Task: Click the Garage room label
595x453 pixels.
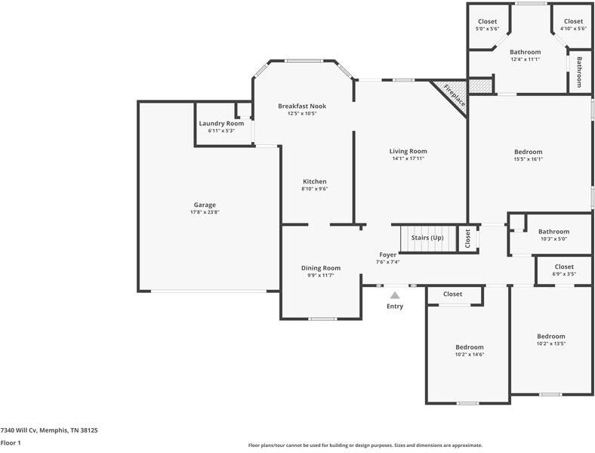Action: click(x=205, y=205)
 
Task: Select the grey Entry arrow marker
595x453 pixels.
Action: click(x=395, y=295)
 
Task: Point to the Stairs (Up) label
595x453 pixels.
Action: click(x=427, y=238)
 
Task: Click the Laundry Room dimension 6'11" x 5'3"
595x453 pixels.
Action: click(x=221, y=131)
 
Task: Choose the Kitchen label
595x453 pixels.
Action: click(x=315, y=181)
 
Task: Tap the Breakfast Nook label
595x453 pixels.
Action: click(x=302, y=106)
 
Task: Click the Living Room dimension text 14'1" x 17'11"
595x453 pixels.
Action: click(x=408, y=159)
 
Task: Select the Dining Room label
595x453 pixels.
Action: click(x=321, y=268)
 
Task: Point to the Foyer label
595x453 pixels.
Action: click(x=388, y=255)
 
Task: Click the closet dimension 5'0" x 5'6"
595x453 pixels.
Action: click(x=487, y=29)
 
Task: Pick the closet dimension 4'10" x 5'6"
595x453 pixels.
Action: click(x=573, y=29)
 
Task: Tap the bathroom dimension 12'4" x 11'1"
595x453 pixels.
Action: click(x=526, y=59)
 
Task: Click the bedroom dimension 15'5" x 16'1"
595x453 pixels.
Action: click(x=529, y=159)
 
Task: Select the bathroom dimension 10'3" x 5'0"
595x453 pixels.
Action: click(x=553, y=239)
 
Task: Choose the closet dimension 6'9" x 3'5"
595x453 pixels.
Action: click(x=564, y=274)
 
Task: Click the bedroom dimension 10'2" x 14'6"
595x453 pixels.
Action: click(x=470, y=355)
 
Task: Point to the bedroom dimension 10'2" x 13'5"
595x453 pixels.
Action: click(x=551, y=344)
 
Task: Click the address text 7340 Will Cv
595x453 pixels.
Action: click(x=19, y=430)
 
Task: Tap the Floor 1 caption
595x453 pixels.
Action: click(x=11, y=442)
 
